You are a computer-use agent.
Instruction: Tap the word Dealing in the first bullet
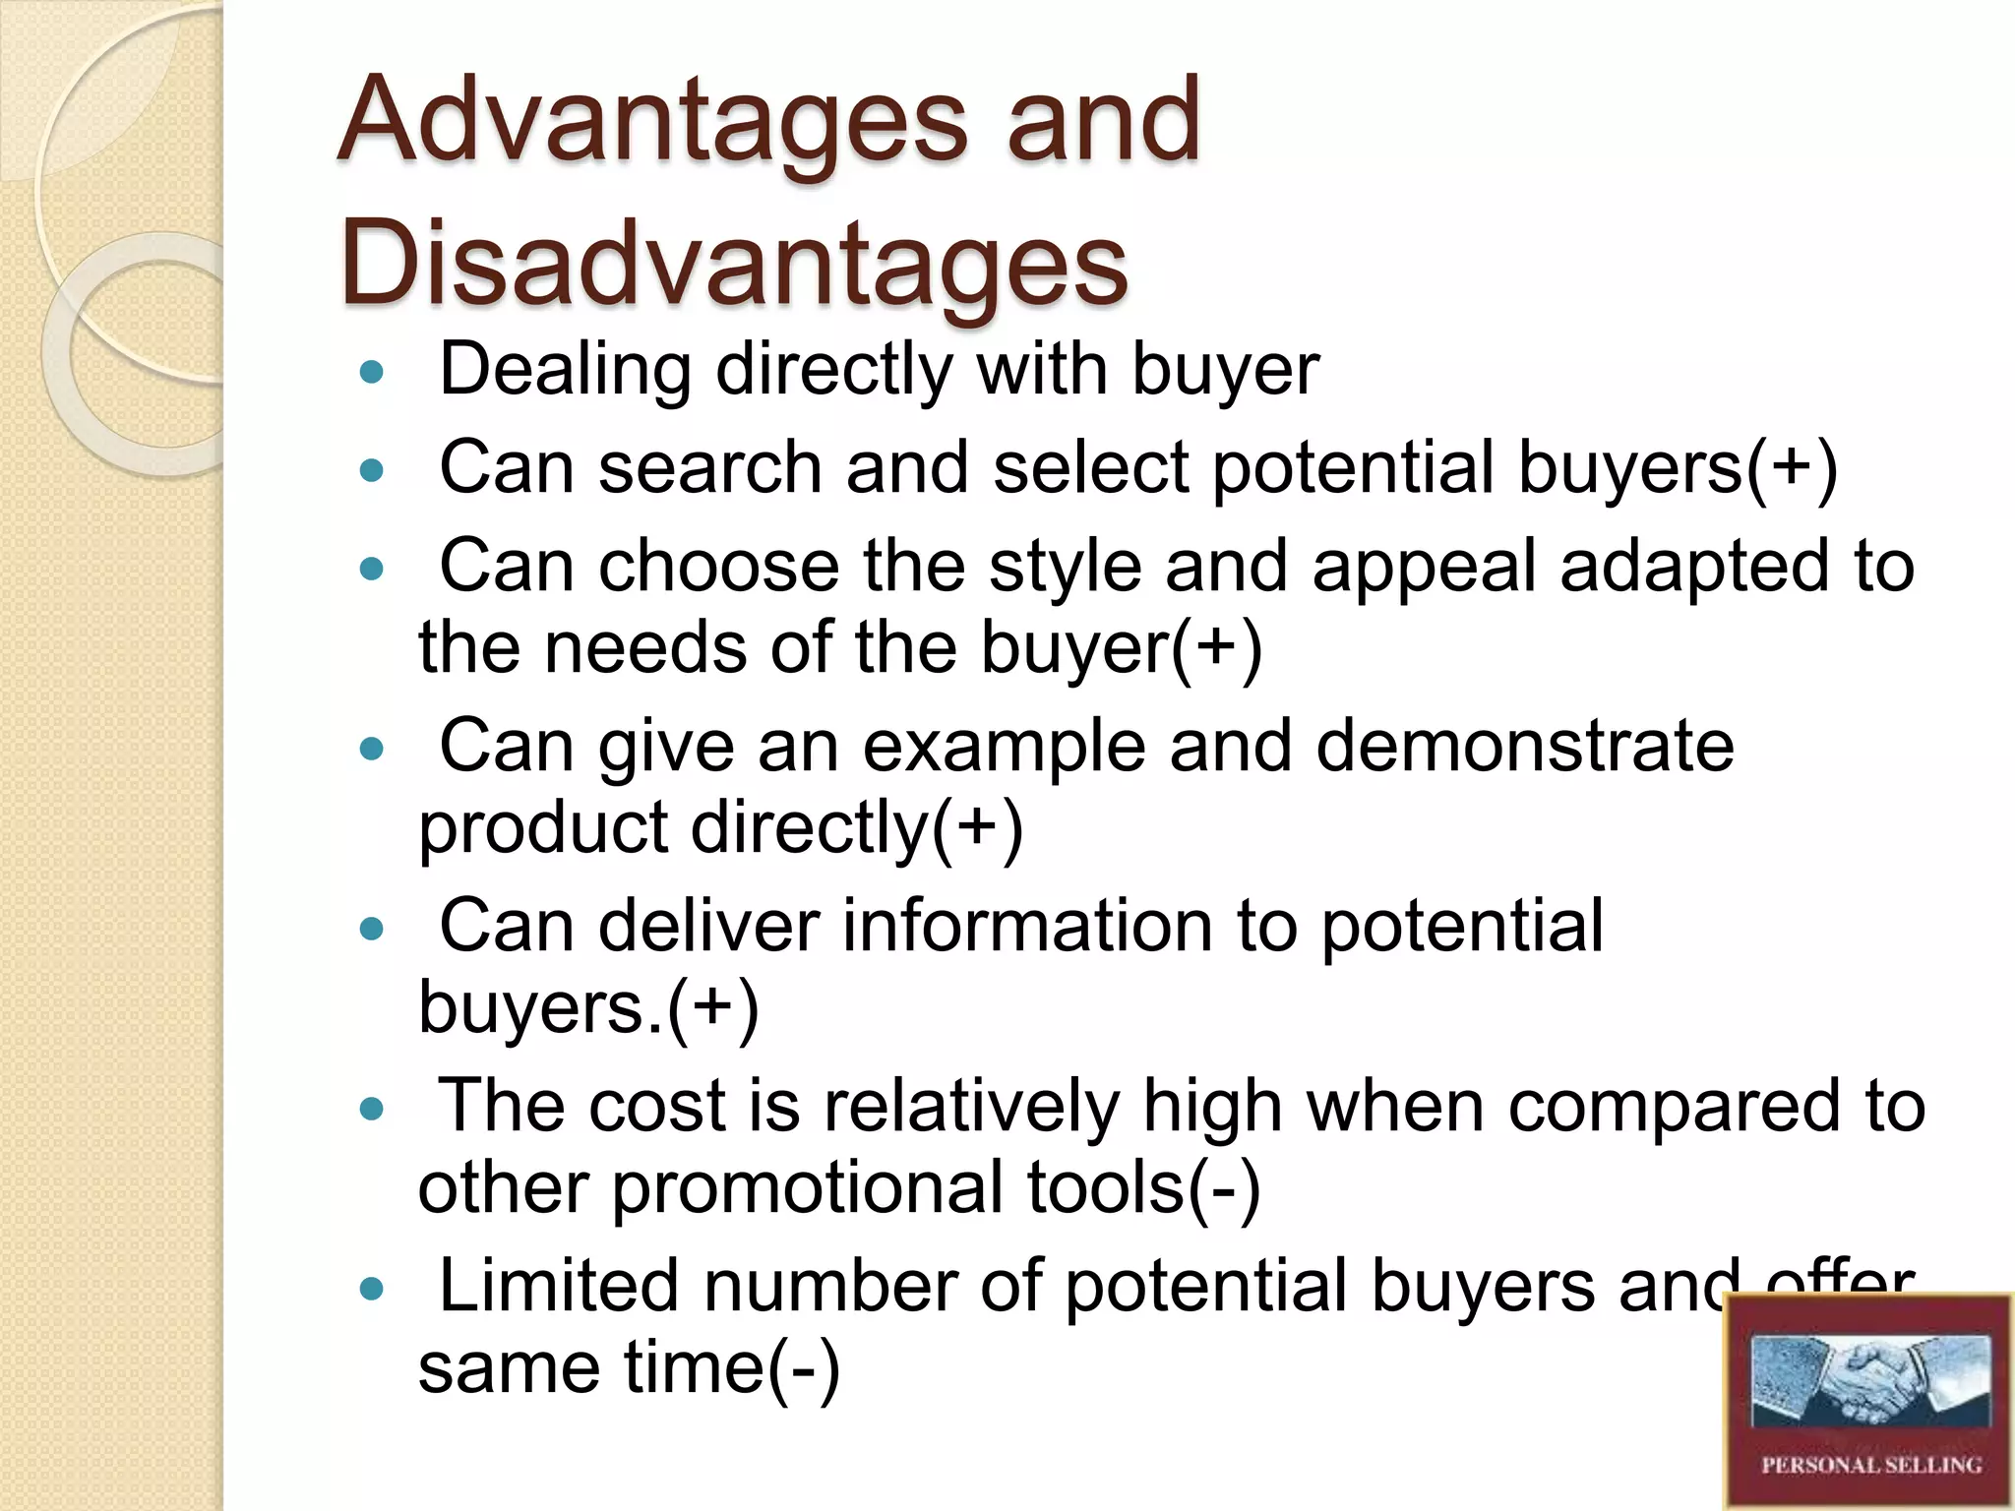click(566, 371)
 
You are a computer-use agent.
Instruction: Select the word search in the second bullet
click(710, 467)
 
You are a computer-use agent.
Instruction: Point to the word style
click(1065, 568)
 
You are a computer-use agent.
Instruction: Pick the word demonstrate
click(1524, 746)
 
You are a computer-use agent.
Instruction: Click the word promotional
click(813, 1187)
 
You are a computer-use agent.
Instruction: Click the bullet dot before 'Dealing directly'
click(371, 373)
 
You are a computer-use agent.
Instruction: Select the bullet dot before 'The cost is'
click(371, 1110)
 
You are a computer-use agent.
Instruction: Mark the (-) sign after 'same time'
click(804, 1368)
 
